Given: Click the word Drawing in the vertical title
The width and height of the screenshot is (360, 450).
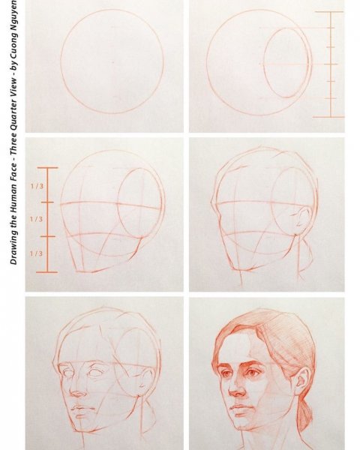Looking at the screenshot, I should [13, 241].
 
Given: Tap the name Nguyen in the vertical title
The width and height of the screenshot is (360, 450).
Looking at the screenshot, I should [13, 22].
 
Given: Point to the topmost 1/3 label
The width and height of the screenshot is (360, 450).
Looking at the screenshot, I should [36, 185].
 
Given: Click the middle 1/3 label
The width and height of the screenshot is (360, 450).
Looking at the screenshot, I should [36, 219].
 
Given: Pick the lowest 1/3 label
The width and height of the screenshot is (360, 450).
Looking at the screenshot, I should [36, 253].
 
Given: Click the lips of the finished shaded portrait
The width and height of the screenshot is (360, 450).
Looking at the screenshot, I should [241, 409].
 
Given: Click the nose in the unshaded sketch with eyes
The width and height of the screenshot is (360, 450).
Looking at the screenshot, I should [79, 390].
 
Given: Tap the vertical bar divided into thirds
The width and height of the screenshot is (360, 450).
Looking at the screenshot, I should [47, 219].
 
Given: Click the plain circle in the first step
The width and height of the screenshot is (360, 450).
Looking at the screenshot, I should [112, 61].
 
